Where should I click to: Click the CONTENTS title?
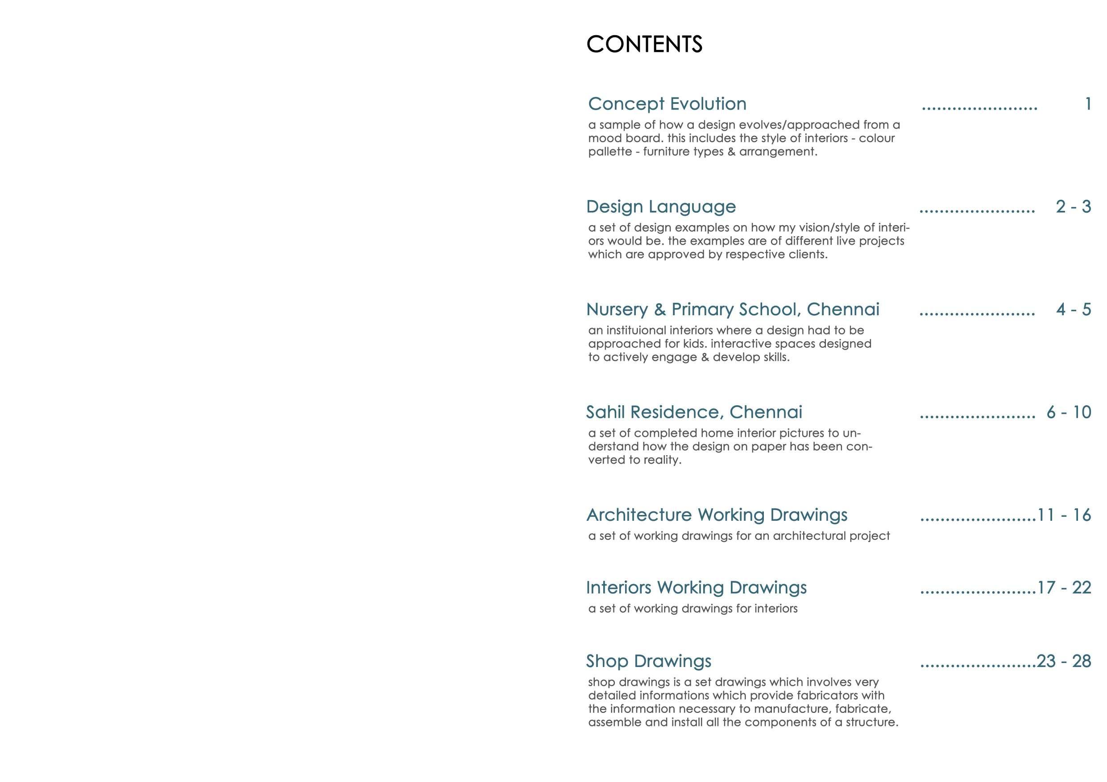pyautogui.click(x=644, y=44)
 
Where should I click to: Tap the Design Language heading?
pyautogui.click(x=661, y=207)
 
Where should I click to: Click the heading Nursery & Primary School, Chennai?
pyautogui.click(x=733, y=309)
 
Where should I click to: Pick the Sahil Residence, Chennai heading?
pyautogui.click(x=694, y=412)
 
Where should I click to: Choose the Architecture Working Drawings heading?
pyautogui.click(x=717, y=514)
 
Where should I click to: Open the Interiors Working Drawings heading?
pyautogui.click(x=696, y=587)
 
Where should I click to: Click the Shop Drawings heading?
pyautogui.click(x=648, y=661)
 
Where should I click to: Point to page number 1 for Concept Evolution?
pyautogui.click(x=1088, y=104)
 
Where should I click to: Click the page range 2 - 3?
pyautogui.click(x=1073, y=207)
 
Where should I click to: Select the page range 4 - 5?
pyautogui.click(x=1073, y=309)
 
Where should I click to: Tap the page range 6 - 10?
pyautogui.click(x=1069, y=412)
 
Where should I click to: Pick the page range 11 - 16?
pyautogui.click(x=1064, y=515)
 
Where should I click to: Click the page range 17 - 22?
pyautogui.click(x=1064, y=588)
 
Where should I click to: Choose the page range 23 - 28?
pyautogui.click(x=1064, y=661)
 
